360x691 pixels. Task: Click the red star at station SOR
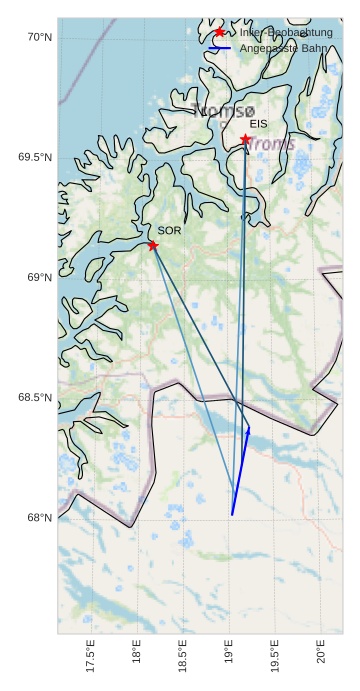(153, 245)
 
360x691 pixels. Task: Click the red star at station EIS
(246, 139)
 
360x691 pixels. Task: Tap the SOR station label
(169, 231)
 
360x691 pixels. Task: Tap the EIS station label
(259, 124)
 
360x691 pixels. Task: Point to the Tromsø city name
(222, 111)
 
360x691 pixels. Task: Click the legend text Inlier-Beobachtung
(286, 33)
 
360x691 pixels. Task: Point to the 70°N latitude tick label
(39, 37)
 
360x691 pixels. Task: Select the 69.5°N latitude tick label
(34, 157)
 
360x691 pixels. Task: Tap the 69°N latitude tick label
(39, 277)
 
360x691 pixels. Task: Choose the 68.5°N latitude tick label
(34, 397)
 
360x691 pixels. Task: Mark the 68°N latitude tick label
(39, 517)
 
